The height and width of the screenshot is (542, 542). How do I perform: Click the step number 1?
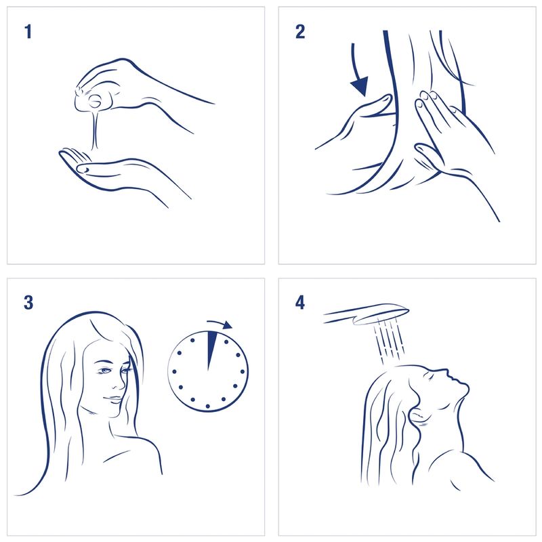pyautogui.click(x=28, y=31)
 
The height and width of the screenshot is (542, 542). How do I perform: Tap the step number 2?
pyautogui.click(x=300, y=31)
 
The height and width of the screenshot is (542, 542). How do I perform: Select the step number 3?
pyautogui.click(x=28, y=302)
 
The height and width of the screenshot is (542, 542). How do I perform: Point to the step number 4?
pyautogui.click(x=300, y=302)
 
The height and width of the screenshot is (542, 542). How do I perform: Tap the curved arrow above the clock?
pyautogui.click(x=220, y=324)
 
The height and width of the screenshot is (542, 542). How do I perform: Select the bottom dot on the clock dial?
pyautogui.click(x=208, y=406)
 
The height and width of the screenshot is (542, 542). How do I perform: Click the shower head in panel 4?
pyautogui.click(x=367, y=314)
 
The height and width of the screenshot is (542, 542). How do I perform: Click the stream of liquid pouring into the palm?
pyautogui.click(x=95, y=129)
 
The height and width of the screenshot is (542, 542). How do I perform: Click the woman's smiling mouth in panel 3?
pyautogui.click(x=113, y=399)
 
